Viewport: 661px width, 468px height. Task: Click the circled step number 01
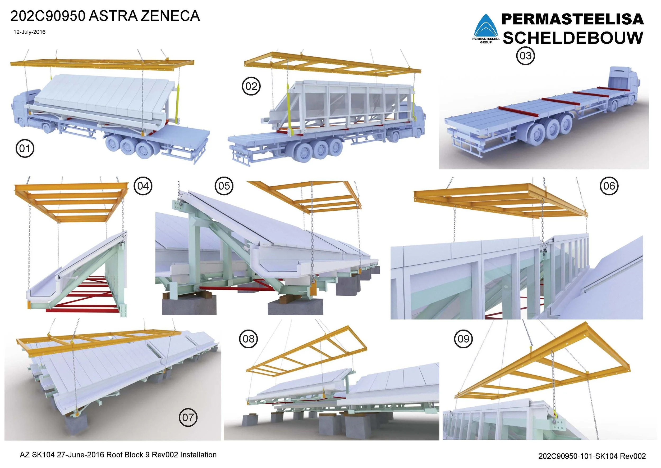(25, 149)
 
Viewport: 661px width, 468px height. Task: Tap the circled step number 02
(251, 86)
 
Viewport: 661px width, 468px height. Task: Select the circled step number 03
(525, 56)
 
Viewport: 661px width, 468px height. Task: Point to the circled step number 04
(143, 186)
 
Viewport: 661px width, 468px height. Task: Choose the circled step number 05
(224, 186)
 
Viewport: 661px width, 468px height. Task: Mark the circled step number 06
(609, 186)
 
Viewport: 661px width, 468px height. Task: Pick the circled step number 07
(188, 417)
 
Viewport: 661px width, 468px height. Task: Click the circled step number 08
(249, 339)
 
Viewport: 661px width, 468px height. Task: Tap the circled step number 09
(463, 339)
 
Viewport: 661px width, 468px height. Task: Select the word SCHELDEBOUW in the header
(573, 38)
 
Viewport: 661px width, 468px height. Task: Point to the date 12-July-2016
(29, 32)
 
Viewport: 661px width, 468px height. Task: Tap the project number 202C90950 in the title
(48, 16)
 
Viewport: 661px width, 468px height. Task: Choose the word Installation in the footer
(198, 455)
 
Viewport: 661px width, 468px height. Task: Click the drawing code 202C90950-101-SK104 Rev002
(592, 456)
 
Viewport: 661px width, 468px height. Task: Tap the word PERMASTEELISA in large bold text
(573, 19)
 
